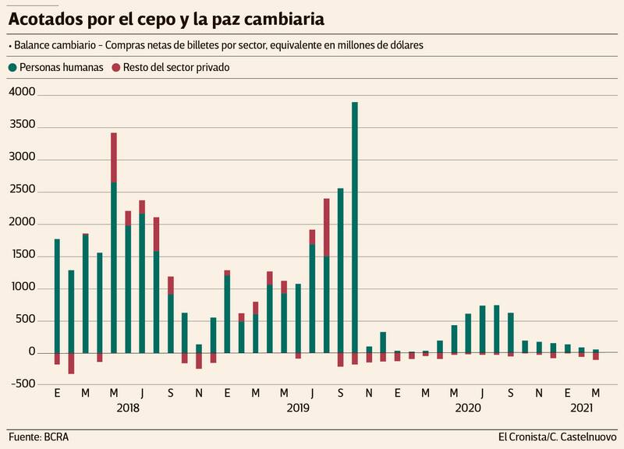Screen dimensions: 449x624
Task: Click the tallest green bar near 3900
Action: tap(355, 226)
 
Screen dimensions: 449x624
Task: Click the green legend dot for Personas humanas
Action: tap(12, 68)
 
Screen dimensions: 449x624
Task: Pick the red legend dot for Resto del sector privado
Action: tap(116, 68)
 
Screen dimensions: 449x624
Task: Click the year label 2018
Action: tap(128, 408)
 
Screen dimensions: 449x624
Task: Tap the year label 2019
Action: tap(298, 408)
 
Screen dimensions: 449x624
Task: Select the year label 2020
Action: tap(468, 408)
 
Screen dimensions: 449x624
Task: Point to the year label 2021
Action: tap(581, 408)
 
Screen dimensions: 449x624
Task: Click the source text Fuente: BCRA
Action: tap(38, 437)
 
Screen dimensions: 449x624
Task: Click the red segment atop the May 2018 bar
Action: tap(114, 157)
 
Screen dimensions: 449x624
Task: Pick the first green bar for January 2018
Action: tap(57, 295)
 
